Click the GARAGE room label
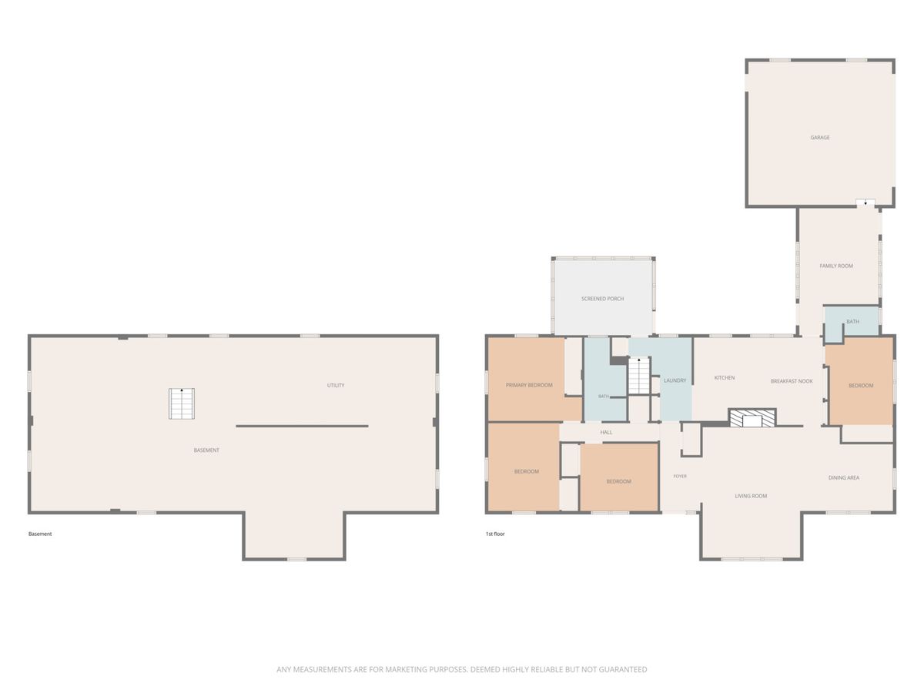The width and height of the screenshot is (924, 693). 819,138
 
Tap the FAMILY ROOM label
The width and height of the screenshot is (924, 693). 836,266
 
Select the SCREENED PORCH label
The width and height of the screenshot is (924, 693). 602,299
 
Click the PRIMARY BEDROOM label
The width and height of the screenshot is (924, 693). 529,385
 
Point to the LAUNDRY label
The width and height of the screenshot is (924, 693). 675,380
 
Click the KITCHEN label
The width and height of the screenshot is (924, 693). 725,378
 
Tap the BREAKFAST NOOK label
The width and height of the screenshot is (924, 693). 792,381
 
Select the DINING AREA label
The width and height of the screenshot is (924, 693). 844,477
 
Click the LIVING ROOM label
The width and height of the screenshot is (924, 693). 751,496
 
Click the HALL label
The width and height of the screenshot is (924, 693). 606,432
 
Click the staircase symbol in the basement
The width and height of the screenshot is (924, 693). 182,403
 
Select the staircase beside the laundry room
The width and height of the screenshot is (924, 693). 639,375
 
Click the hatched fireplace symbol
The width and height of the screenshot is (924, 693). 752,418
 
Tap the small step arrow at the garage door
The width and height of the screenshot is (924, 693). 865,203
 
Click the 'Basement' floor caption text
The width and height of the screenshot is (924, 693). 40,534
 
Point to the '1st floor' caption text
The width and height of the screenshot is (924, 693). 495,534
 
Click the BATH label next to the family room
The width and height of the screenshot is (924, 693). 852,321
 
